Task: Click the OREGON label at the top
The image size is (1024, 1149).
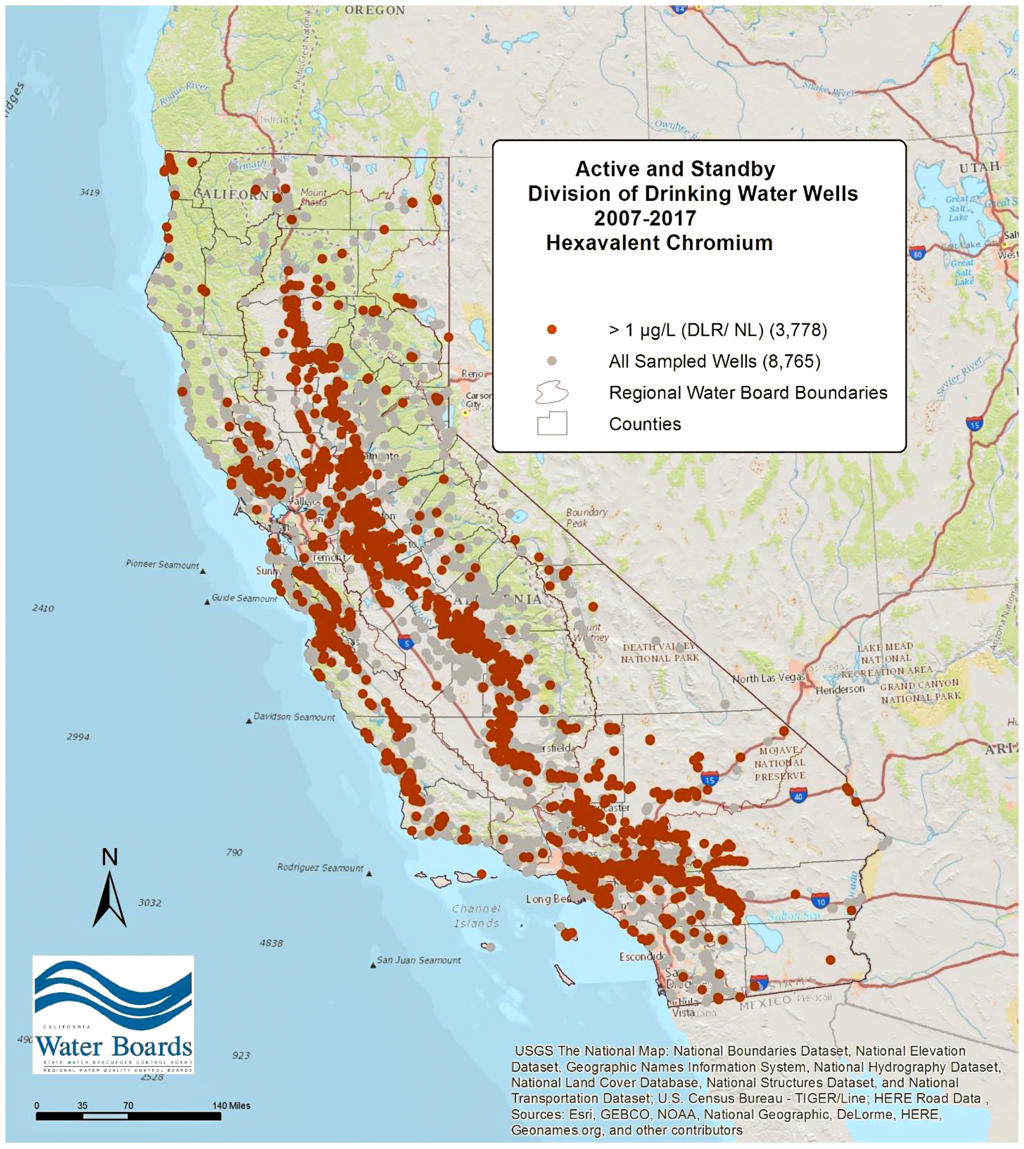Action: pos(374,10)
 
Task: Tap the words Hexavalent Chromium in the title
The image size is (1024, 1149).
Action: pos(659,243)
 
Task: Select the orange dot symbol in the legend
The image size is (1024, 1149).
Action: pos(552,329)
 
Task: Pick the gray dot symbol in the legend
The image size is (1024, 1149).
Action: pos(552,360)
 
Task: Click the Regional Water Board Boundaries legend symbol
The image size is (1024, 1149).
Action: pos(551,392)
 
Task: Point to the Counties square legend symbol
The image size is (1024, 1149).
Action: pos(551,423)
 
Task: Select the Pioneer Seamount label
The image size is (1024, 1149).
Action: pos(162,563)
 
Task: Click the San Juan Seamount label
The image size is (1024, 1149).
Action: pos(418,959)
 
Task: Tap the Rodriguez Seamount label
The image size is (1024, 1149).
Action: pos(320,867)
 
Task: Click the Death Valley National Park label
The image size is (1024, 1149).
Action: pos(659,652)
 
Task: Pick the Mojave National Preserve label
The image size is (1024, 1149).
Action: pos(780,763)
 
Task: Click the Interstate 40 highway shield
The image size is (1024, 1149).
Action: pos(797,795)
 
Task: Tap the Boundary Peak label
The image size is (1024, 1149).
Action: pos(586,517)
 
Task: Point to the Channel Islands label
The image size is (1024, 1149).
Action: pos(476,916)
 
